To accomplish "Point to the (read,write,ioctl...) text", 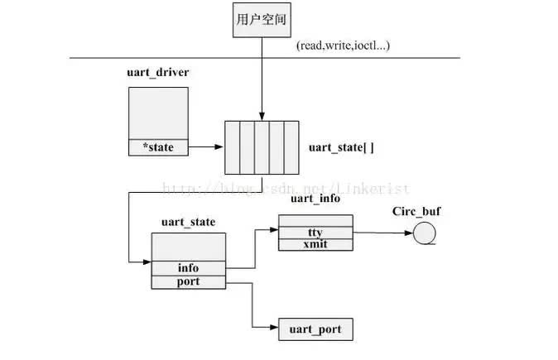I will click(342, 45).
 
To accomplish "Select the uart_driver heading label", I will click(157, 73).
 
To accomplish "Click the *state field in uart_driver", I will click(157, 147).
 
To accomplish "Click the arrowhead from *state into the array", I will click(220, 147).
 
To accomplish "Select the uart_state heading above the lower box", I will click(188, 222).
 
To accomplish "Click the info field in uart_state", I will click(188, 268).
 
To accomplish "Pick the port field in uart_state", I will click(188, 281).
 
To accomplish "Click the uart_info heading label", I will click(315, 199).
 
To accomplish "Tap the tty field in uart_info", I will click(315, 233).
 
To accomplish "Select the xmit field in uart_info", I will click(315, 246).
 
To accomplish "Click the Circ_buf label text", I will click(416, 211).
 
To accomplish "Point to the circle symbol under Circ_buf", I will click(425, 234).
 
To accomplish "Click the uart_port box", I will click(315, 329).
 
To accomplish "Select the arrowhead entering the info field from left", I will click(147, 262).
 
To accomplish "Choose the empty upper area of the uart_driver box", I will click(157, 113).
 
